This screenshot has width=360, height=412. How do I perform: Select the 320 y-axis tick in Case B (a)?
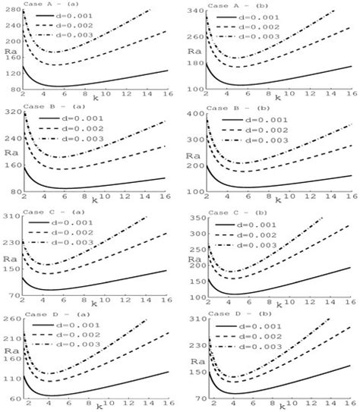tap(12, 114)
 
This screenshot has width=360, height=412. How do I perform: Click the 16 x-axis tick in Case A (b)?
tap(349, 95)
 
